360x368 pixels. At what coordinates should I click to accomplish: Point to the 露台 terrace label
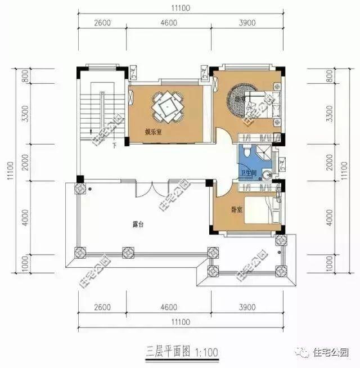click(138, 224)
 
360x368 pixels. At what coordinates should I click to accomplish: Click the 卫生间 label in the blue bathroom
click(249, 173)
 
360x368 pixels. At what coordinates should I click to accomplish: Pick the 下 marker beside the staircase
click(114, 146)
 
